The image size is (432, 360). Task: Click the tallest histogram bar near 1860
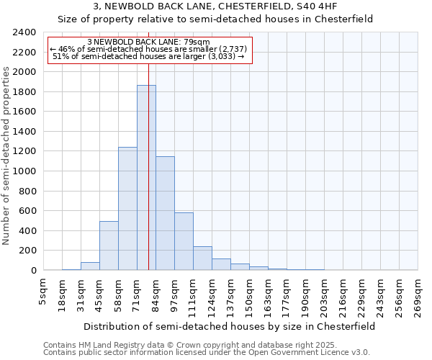click(x=146, y=178)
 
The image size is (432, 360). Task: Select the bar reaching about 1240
click(x=127, y=209)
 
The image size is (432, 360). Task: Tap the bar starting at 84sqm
click(x=165, y=213)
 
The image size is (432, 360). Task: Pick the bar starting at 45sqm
click(x=109, y=246)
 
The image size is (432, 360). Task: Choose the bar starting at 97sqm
click(x=184, y=241)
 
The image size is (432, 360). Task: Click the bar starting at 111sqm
click(x=202, y=258)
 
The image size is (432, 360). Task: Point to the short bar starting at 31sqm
click(x=90, y=266)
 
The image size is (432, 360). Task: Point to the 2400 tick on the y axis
click(x=24, y=32)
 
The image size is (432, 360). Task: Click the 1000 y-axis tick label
click(x=24, y=171)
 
